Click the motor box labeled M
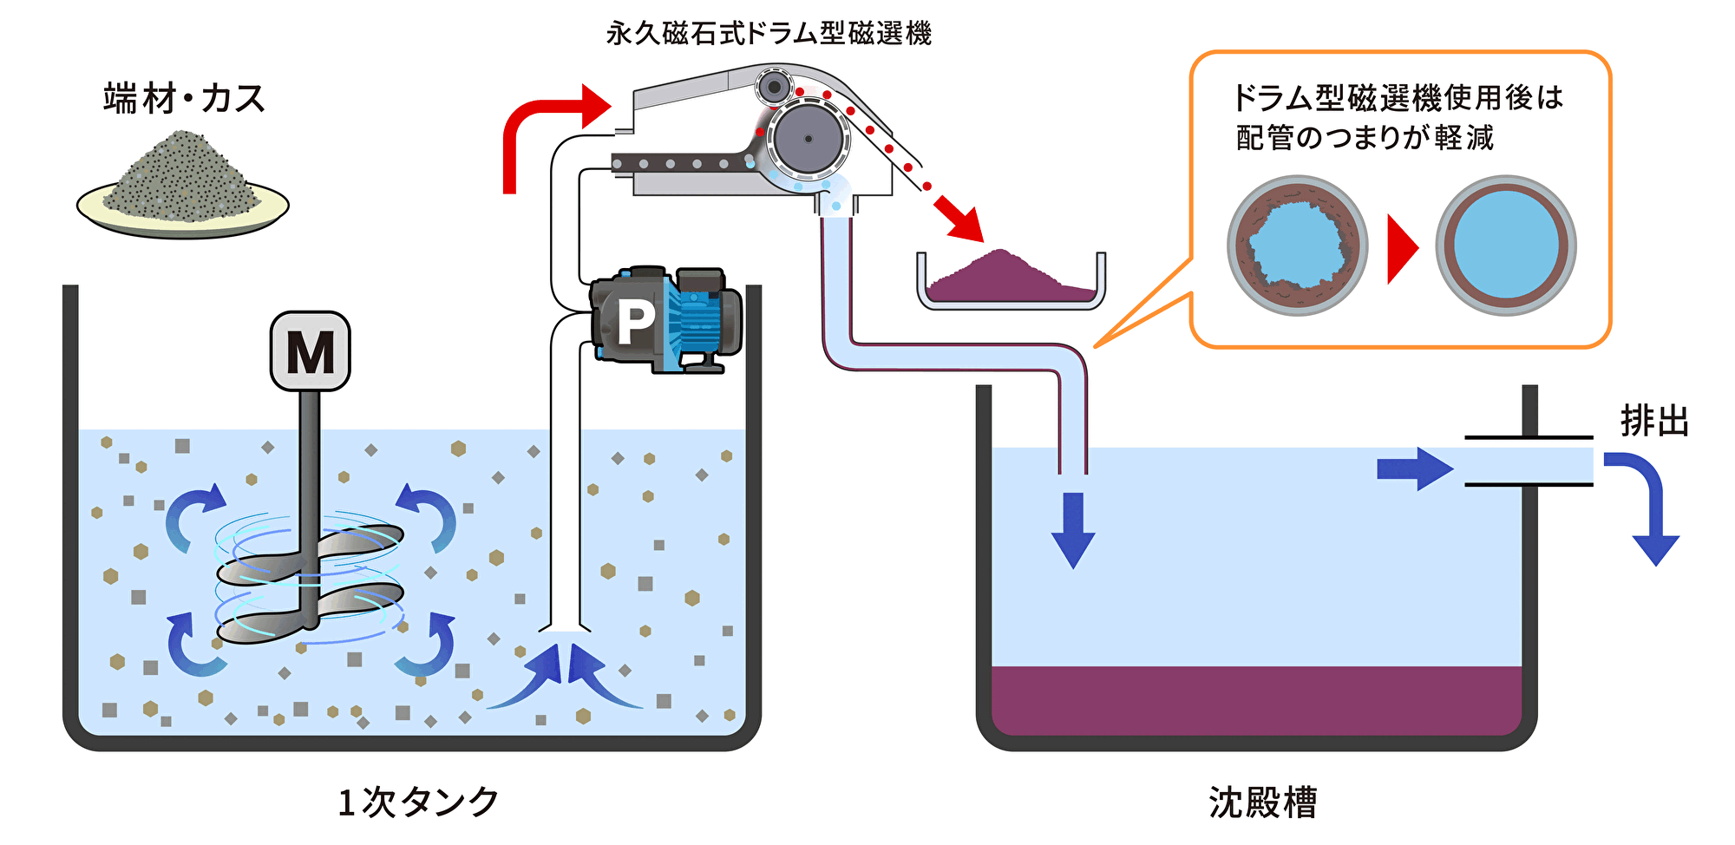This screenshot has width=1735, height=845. (x=310, y=351)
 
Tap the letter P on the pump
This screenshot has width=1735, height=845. (x=636, y=323)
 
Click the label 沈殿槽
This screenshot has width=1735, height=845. (x=1262, y=802)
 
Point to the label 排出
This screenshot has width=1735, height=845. (x=1654, y=422)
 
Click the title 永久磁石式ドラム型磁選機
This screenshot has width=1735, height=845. (x=769, y=34)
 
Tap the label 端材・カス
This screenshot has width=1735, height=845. (x=184, y=98)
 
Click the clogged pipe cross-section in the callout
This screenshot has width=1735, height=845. (x=1297, y=246)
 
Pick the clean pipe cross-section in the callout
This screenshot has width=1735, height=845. (x=1506, y=246)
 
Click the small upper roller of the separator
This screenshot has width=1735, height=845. (x=773, y=87)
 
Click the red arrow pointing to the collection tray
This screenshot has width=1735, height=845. (x=961, y=219)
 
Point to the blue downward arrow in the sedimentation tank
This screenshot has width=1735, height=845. (x=1073, y=529)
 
